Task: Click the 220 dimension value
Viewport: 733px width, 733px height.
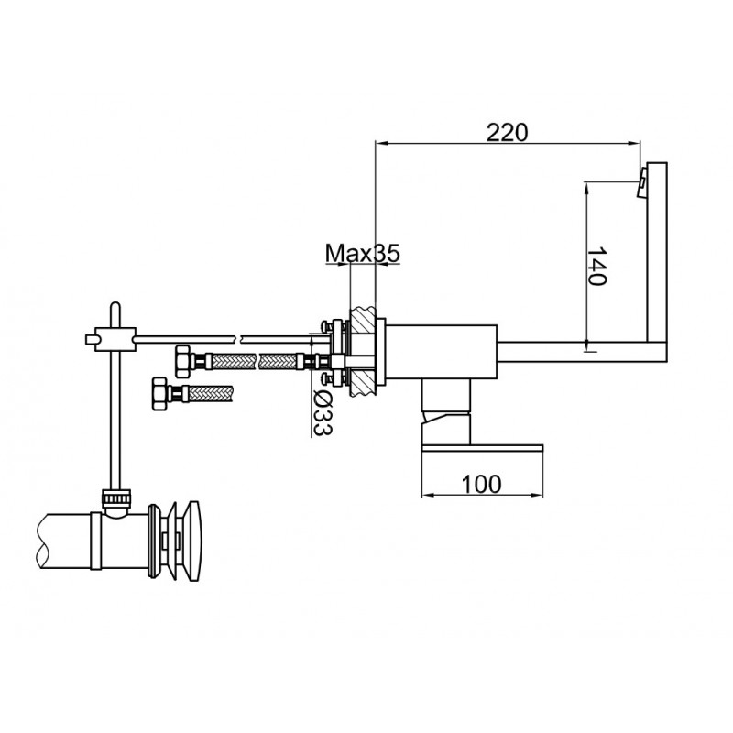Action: (508, 132)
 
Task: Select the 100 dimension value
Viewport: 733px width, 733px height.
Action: (482, 484)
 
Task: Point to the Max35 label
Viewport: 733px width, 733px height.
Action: (363, 254)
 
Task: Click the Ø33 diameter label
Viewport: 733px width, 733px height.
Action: (322, 412)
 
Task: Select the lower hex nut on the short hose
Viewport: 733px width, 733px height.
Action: (161, 394)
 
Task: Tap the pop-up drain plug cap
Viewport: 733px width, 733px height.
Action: (193, 541)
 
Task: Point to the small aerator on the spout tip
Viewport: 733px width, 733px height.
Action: (642, 183)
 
